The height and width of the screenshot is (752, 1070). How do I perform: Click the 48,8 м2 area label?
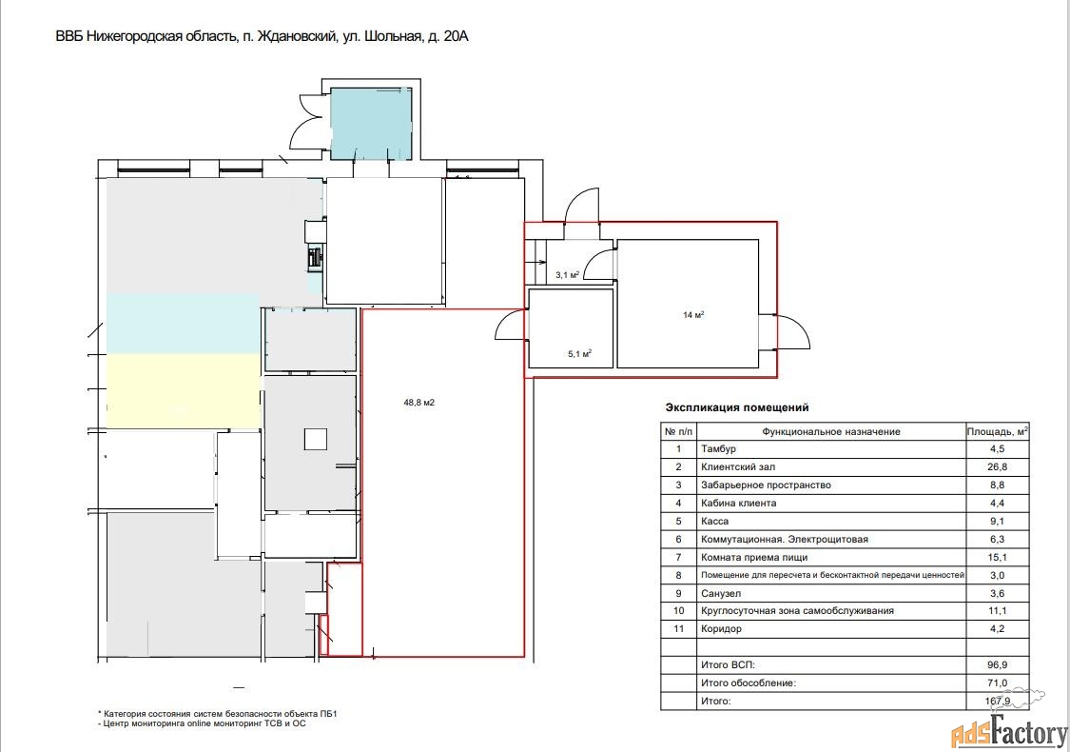pyautogui.click(x=419, y=403)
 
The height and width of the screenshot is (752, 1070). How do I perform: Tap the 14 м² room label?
pyautogui.click(x=693, y=315)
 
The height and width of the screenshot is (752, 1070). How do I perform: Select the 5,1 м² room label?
pyautogui.click(x=578, y=354)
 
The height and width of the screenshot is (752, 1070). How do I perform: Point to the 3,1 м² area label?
pyautogui.click(x=567, y=275)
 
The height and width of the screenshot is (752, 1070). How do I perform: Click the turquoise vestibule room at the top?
pyautogui.click(x=372, y=124)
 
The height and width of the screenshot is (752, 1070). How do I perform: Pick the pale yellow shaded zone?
pyautogui.click(x=183, y=390)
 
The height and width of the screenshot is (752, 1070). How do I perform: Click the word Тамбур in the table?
pyautogui.click(x=718, y=449)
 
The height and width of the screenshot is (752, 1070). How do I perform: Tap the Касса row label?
pyautogui.click(x=714, y=521)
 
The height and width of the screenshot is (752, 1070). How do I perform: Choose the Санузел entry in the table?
pyautogui.click(x=721, y=594)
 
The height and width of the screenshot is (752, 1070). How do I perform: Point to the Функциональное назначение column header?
pyautogui.click(x=831, y=431)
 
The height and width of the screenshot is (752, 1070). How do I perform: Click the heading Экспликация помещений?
pyautogui.click(x=737, y=407)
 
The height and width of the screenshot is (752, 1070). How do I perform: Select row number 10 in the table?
pyautogui.click(x=678, y=611)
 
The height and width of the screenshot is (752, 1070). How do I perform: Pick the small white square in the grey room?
pyautogui.click(x=315, y=438)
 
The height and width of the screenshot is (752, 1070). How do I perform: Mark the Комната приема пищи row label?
pyautogui.click(x=754, y=558)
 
